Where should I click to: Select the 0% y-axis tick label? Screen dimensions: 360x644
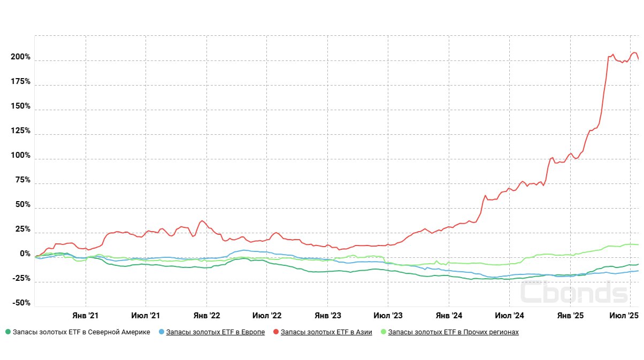[25, 254]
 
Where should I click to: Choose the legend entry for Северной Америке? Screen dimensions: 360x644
[81, 332]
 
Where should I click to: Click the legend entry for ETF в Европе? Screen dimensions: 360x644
[215, 332]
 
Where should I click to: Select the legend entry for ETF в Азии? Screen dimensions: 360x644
[326, 332]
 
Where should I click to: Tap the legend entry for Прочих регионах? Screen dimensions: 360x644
[453, 332]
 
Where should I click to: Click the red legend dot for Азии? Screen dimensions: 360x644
[276, 332]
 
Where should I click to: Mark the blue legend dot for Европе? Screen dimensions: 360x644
[162, 332]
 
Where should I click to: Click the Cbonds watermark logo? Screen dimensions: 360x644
[574, 292]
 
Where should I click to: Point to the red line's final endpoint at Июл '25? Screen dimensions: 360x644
[638, 59]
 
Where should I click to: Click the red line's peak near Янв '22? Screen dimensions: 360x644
[202, 220]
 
